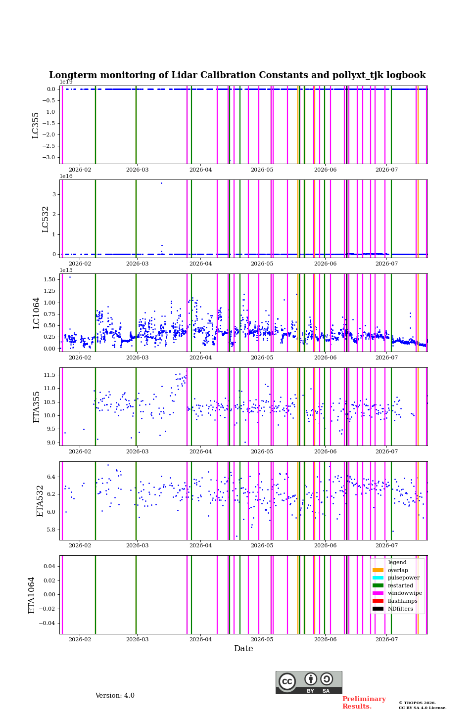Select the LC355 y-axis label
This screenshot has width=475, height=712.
[x=35, y=125]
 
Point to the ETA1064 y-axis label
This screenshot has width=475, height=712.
[x=32, y=595]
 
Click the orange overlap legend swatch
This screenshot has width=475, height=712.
[x=378, y=570]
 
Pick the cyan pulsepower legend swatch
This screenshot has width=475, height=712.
[x=378, y=578]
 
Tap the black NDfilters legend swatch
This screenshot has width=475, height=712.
[x=378, y=609]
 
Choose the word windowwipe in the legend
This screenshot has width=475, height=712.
[x=405, y=593]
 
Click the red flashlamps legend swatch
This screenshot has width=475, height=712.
[x=378, y=601]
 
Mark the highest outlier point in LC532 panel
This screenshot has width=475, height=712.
[x=162, y=183]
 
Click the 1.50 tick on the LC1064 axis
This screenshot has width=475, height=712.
[x=49, y=279]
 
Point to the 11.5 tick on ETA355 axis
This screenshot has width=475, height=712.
[x=49, y=375]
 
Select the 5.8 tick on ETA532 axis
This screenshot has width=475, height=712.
[x=51, y=530]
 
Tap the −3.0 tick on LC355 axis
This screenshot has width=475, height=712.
[x=48, y=157]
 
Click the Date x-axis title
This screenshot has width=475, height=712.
[x=243, y=648]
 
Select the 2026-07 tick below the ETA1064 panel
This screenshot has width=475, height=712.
[x=386, y=639]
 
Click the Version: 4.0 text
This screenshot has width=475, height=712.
[x=115, y=696]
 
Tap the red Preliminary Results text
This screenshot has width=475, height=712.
[x=364, y=703]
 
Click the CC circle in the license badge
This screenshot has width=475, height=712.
[x=287, y=681]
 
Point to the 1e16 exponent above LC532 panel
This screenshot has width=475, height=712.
[x=66, y=176]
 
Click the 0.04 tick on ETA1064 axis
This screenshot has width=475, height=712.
[x=49, y=566]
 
